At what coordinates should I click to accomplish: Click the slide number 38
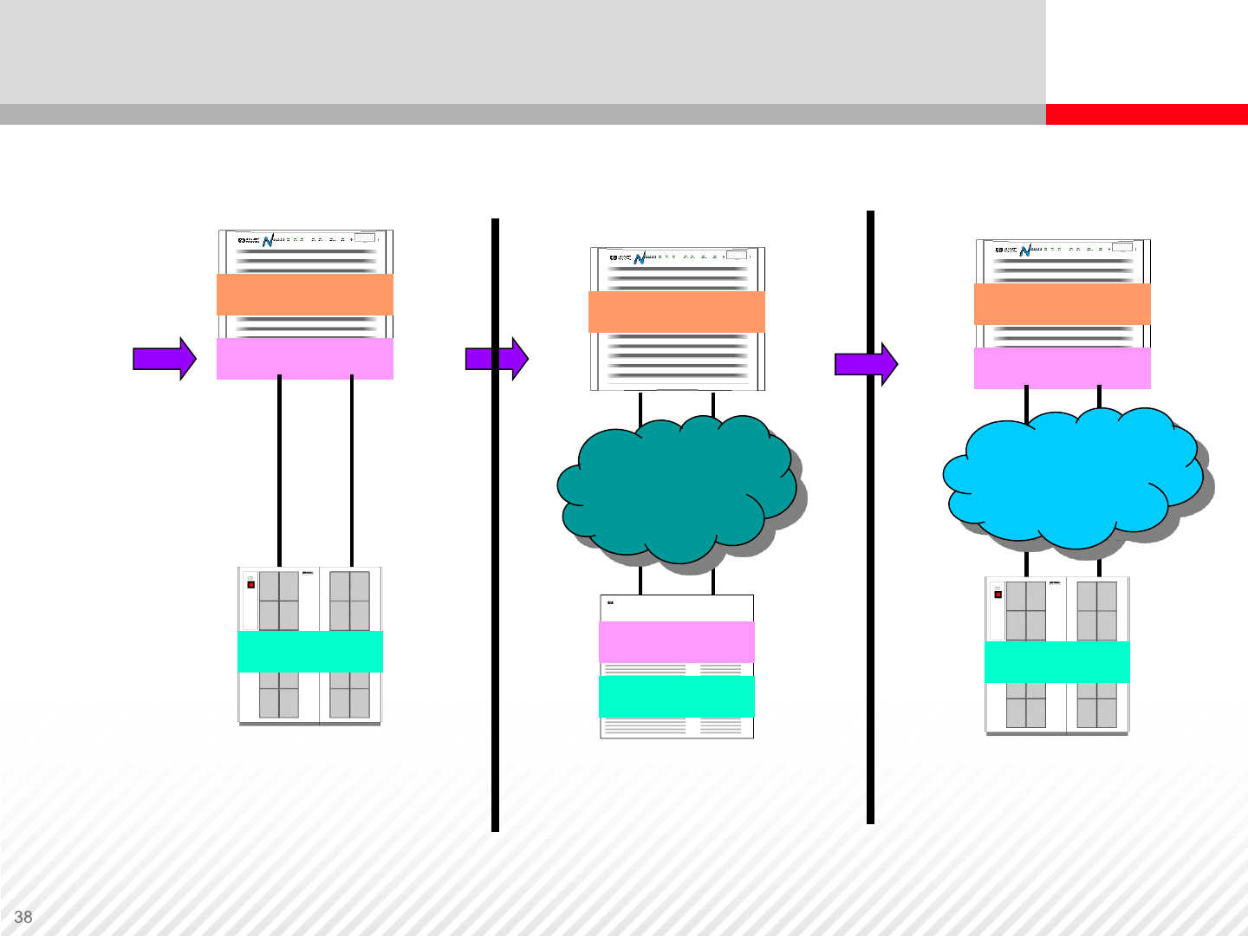(x=23, y=917)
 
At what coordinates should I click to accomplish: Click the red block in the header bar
(x=1146, y=114)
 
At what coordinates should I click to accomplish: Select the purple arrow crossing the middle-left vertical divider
(x=497, y=359)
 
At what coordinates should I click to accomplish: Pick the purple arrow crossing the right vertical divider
(x=866, y=364)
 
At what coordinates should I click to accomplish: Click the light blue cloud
(x=1075, y=477)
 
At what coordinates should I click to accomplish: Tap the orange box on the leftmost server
(x=305, y=295)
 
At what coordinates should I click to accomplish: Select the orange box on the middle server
(x=677, y=312)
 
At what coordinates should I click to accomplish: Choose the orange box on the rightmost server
(x=1063, y=304)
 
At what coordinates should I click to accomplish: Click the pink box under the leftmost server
(x=305, y=359)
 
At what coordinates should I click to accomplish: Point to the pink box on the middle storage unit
(x=677, y=642)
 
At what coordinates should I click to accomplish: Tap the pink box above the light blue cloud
(x=1063, y=368)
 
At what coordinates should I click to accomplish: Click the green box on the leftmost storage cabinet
(x=310, y=652)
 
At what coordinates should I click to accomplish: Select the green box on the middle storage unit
(x=677, y=697)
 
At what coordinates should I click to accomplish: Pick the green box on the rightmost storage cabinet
(x=1057, y=662)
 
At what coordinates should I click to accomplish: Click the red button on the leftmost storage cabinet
(x=251, y=585)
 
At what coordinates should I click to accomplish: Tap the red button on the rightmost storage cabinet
(x=998, y=595)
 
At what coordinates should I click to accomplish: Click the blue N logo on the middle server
(x=640, y=258)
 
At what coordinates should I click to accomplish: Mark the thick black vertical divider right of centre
(x=870, y=607)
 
